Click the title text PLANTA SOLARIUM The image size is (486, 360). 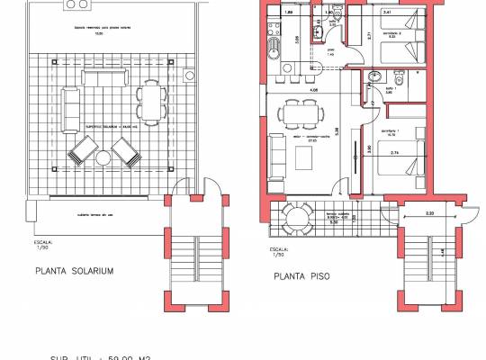75,270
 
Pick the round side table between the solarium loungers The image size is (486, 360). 103,158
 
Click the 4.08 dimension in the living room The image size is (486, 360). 313,90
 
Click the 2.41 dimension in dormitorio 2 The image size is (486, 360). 387,13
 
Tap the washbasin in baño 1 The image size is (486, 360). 373,79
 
